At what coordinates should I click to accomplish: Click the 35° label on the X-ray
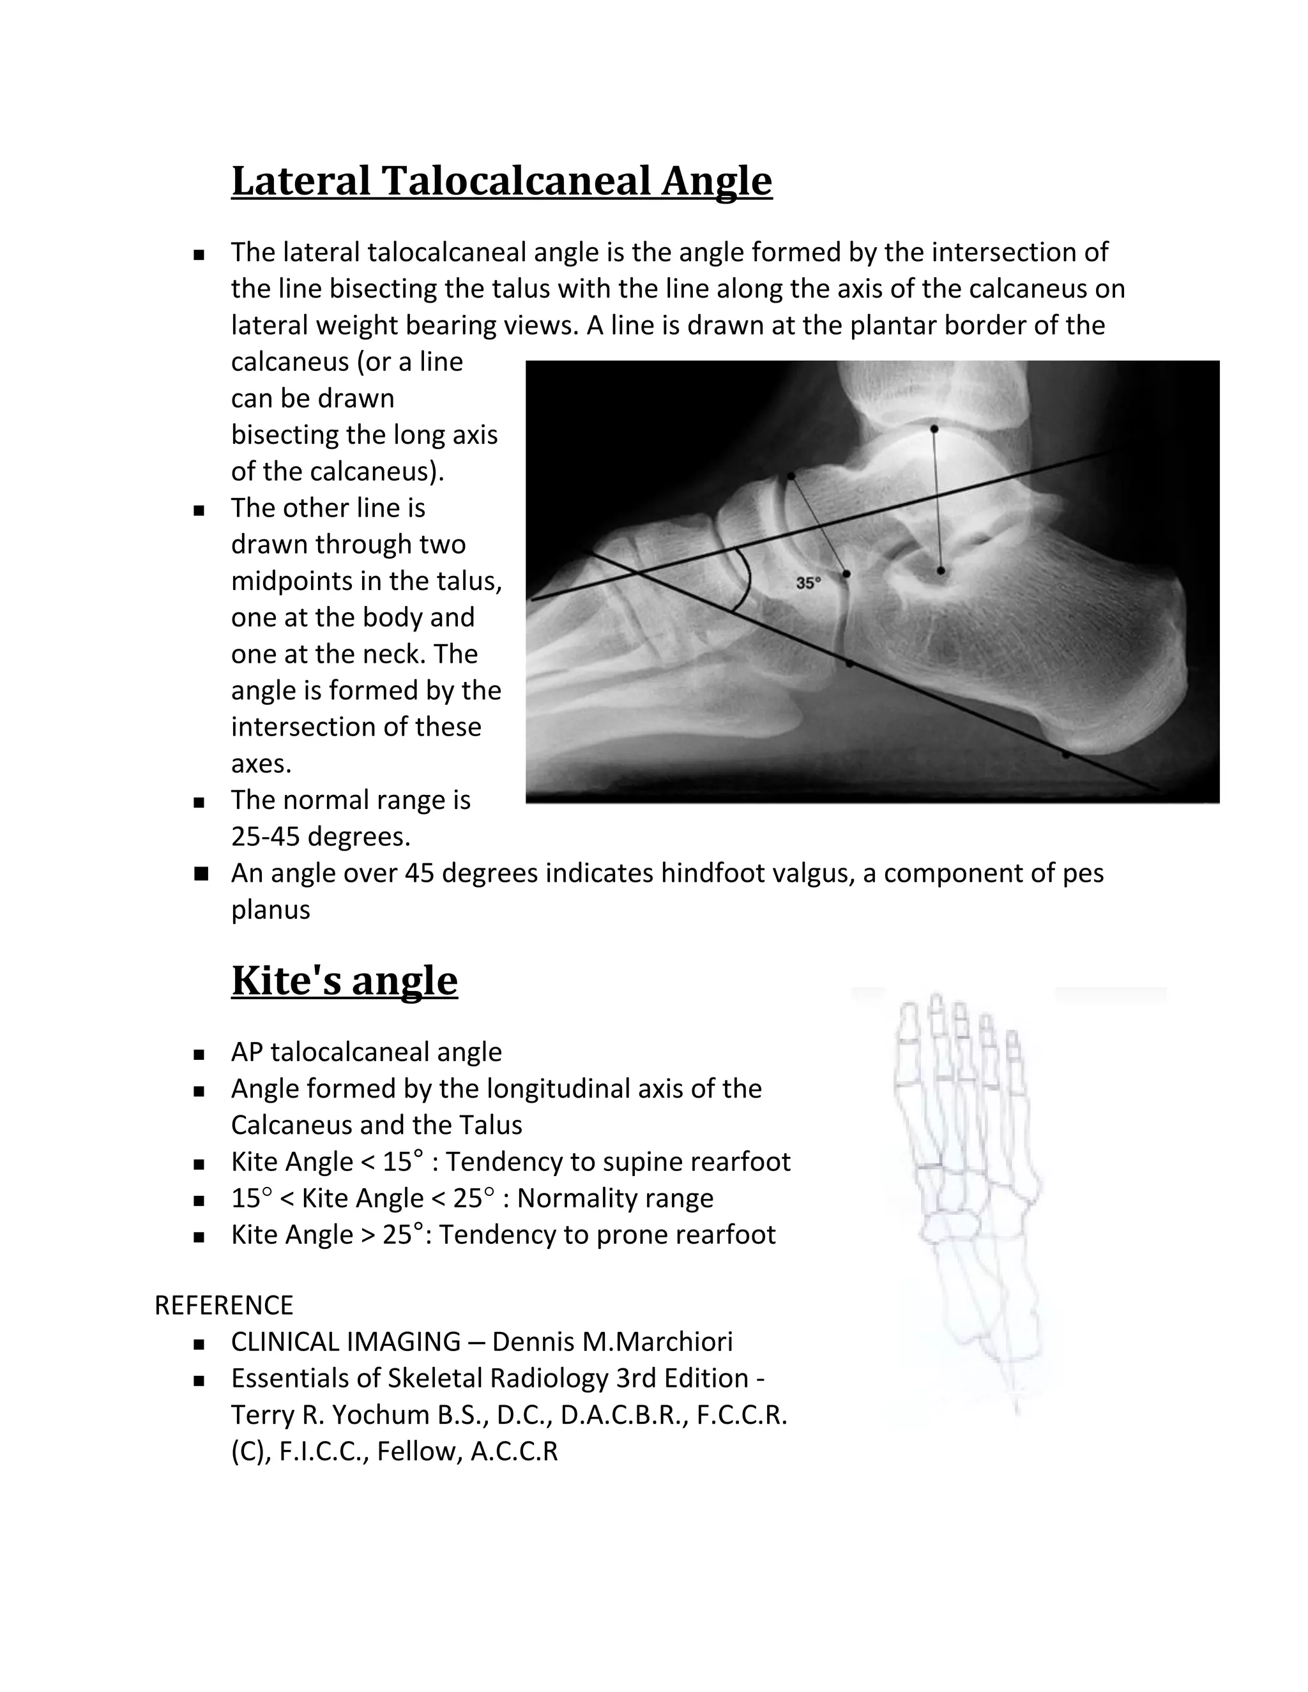pyautogui.click(x=807, y=582)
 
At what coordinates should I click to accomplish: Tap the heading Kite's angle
pyautogui.click(x=344, y=980)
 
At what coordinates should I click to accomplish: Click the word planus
pyautogui.click(x=270, y=909)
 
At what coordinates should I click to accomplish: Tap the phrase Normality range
pyautogui.click(x=615, y=1198)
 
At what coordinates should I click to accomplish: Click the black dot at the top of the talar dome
pyautogui.click(x=934, y=428)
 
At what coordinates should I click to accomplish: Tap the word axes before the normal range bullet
pyautogui.click(x=261, y=764)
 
